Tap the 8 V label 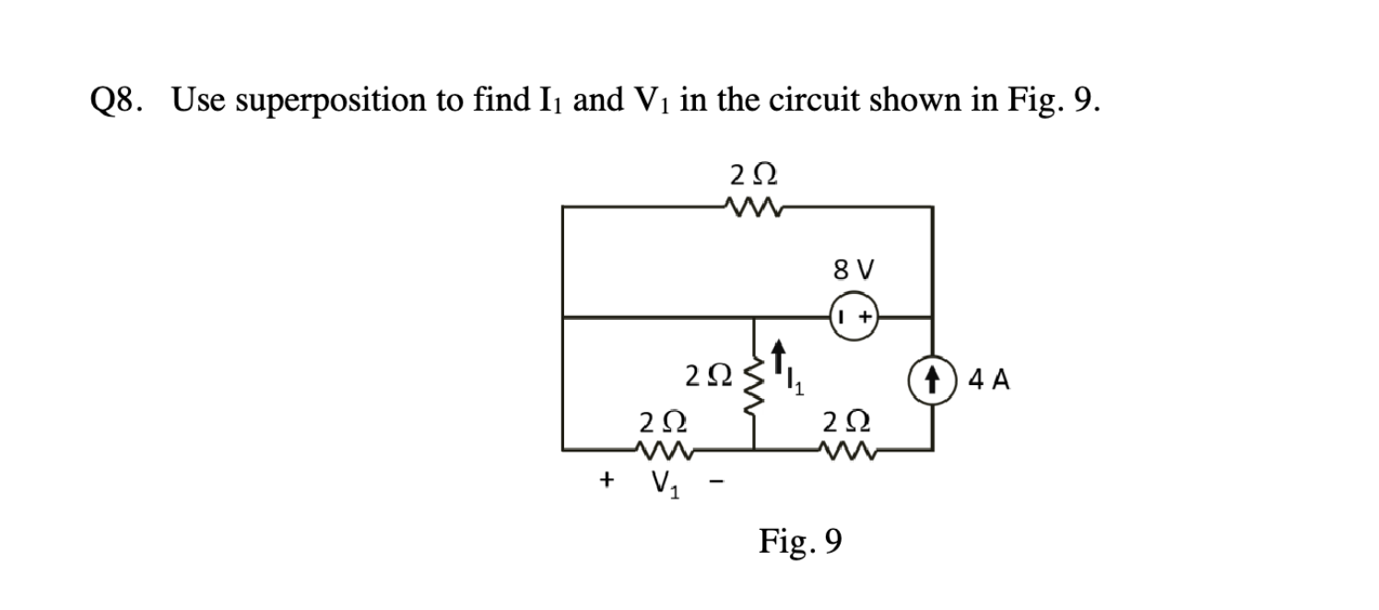854,271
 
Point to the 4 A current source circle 932,379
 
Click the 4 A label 989,379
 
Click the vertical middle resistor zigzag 755,383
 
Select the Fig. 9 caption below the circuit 799,542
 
